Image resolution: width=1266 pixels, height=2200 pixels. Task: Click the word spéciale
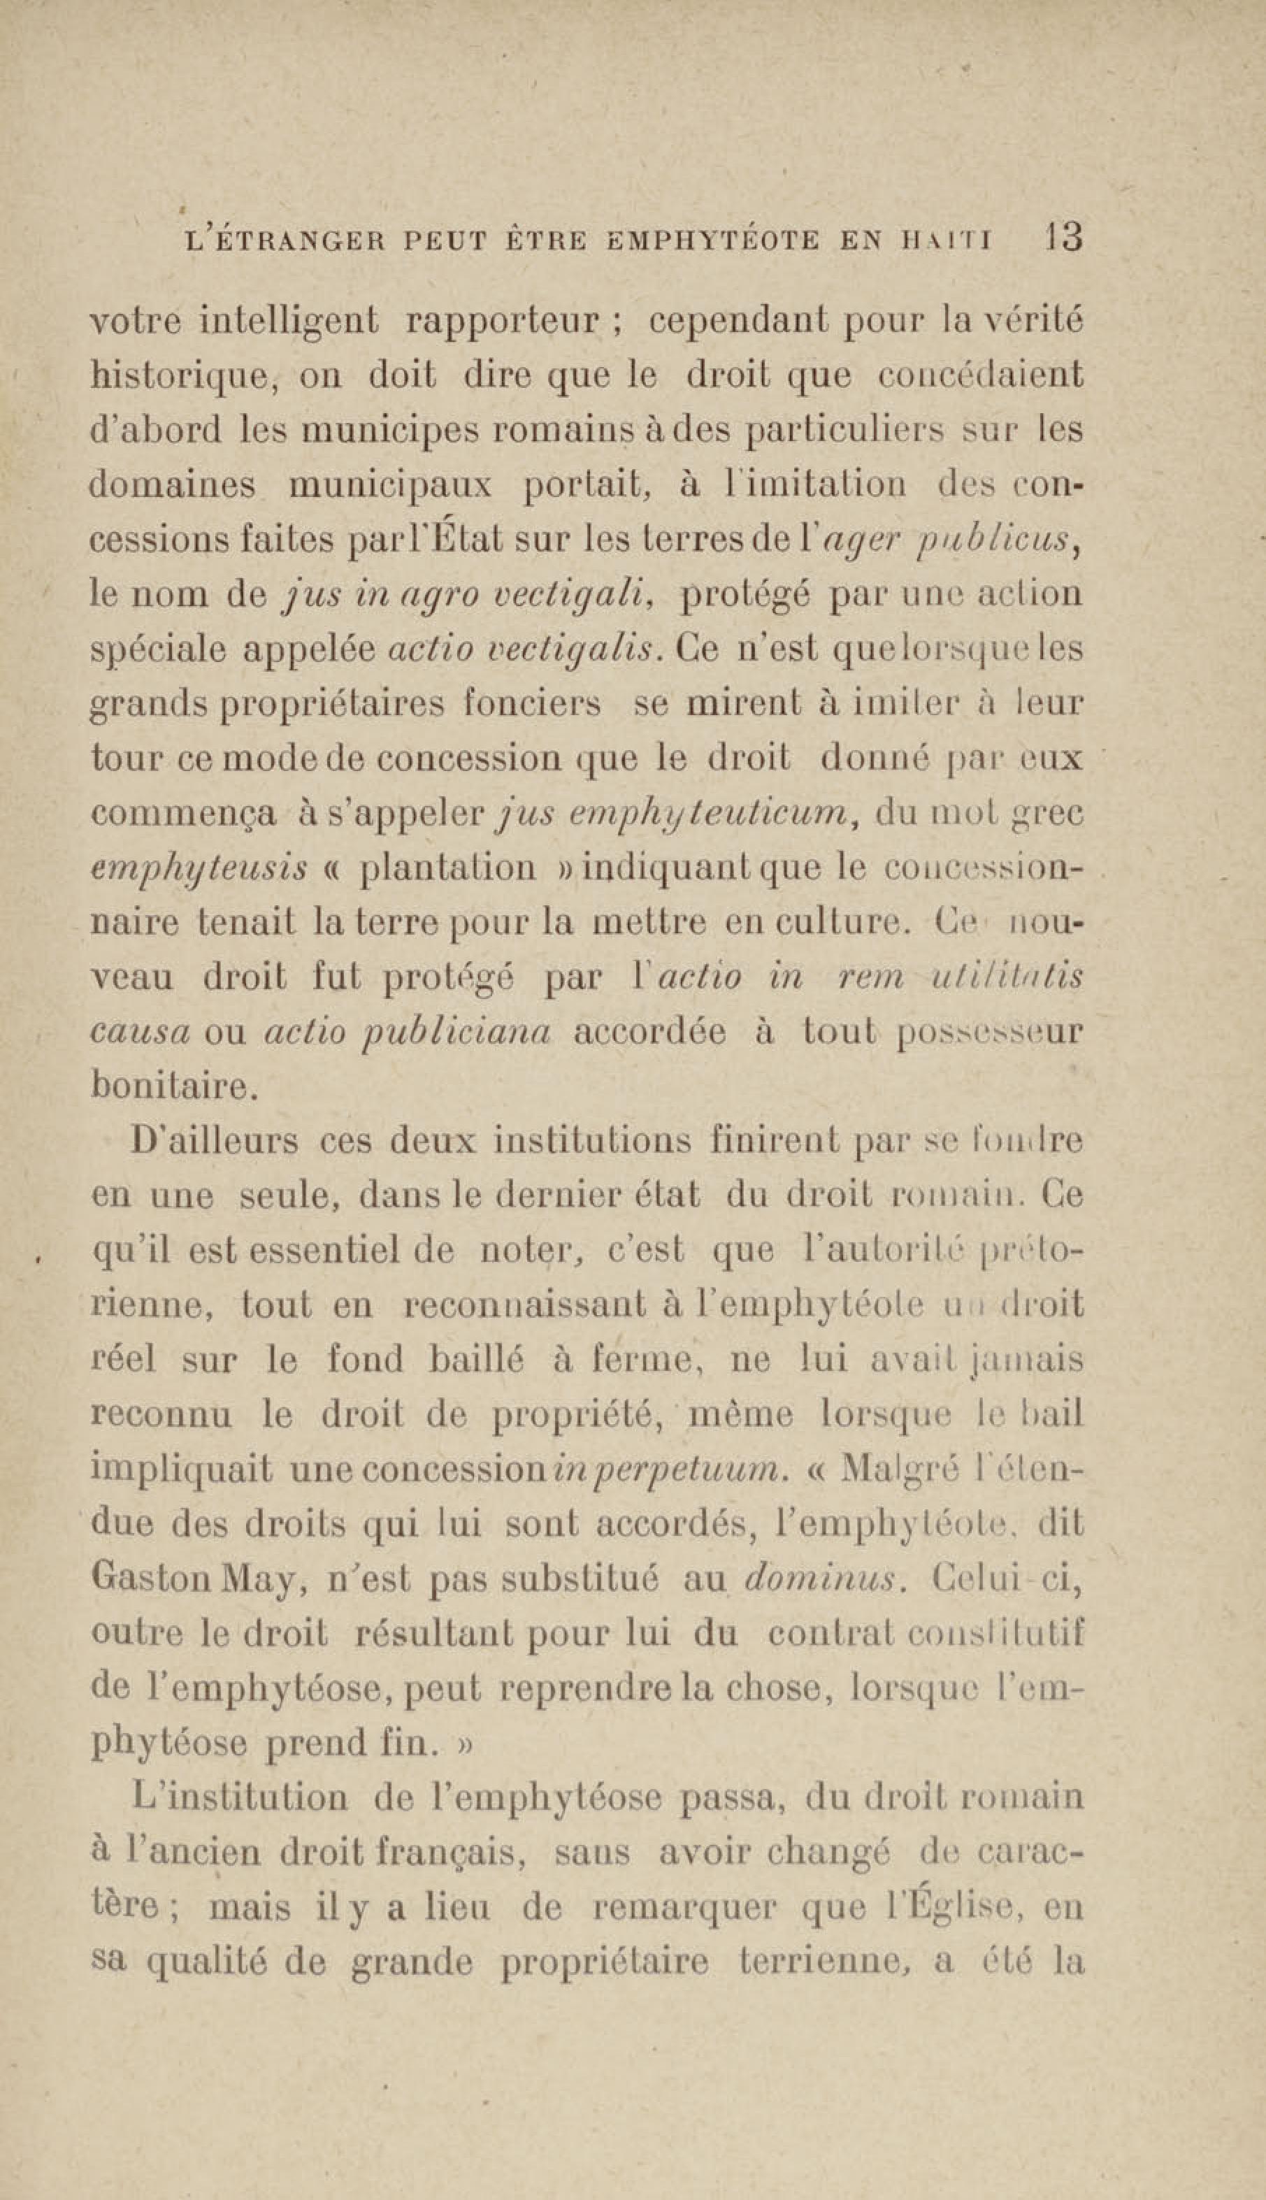154,650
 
